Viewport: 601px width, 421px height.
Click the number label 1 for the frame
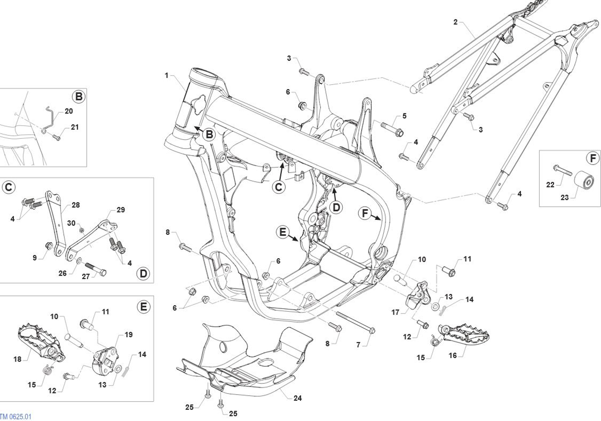(x=167, y=75)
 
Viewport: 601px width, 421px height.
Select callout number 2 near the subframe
(x=455, y=22)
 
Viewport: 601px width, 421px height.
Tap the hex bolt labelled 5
(x=392, y=129)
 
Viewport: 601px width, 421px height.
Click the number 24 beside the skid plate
(x=297, y=398)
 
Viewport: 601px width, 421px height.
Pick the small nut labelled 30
(x=82, y=231)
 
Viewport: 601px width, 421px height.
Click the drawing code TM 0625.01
(x=16, y=417)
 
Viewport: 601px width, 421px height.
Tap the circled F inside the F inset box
(x=592, y=158)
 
